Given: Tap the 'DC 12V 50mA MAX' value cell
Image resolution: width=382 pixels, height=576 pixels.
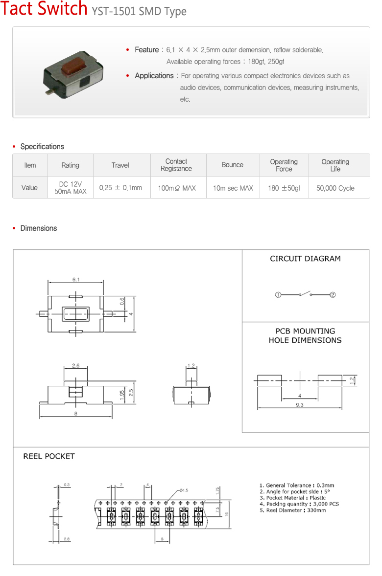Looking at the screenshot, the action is click(71, 188).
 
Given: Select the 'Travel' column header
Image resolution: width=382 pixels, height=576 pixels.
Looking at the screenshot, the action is click(120, 165).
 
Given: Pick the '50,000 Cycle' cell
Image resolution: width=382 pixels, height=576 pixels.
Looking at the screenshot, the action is click(335, 188).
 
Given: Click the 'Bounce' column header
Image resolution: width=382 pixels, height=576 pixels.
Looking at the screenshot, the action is click(233, 165).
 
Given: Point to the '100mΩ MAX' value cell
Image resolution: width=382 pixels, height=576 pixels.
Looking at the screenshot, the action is click(177, 188).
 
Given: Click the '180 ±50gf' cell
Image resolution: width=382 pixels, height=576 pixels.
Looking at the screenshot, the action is click(284, 188).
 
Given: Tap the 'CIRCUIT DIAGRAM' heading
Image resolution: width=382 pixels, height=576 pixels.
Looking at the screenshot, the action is click(306, 259).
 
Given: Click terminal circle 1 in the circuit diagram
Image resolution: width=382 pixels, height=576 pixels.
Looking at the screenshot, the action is click(278, 295).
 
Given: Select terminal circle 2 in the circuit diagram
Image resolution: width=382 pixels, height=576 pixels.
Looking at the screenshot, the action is click(333, 295).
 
